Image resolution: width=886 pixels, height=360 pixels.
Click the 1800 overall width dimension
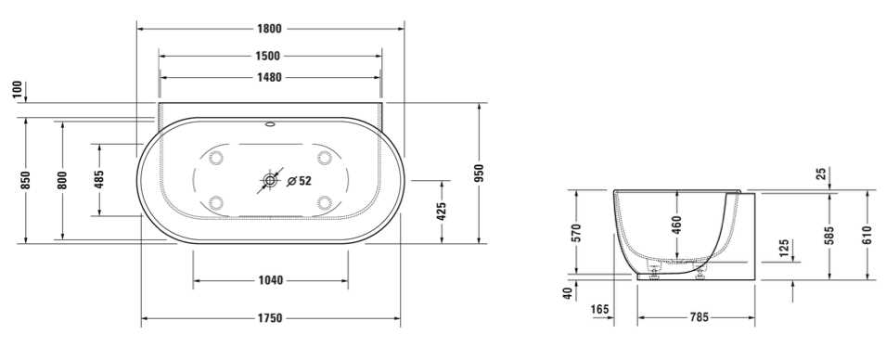point(270,29)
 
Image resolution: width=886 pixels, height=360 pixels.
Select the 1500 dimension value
point(268,56)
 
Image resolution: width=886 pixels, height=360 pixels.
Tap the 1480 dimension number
point(270,77)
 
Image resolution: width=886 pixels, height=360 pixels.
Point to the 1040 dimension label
point(270,280)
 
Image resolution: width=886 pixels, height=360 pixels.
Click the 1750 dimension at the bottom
point(270,319)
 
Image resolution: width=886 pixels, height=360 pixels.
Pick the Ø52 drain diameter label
point(300,181)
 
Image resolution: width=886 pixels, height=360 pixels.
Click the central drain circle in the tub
point(270,180)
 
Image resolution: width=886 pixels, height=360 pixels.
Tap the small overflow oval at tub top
point(270,124)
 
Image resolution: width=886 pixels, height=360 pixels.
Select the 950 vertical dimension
point(479,174)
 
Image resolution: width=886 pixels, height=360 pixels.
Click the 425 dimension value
point(442,211)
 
